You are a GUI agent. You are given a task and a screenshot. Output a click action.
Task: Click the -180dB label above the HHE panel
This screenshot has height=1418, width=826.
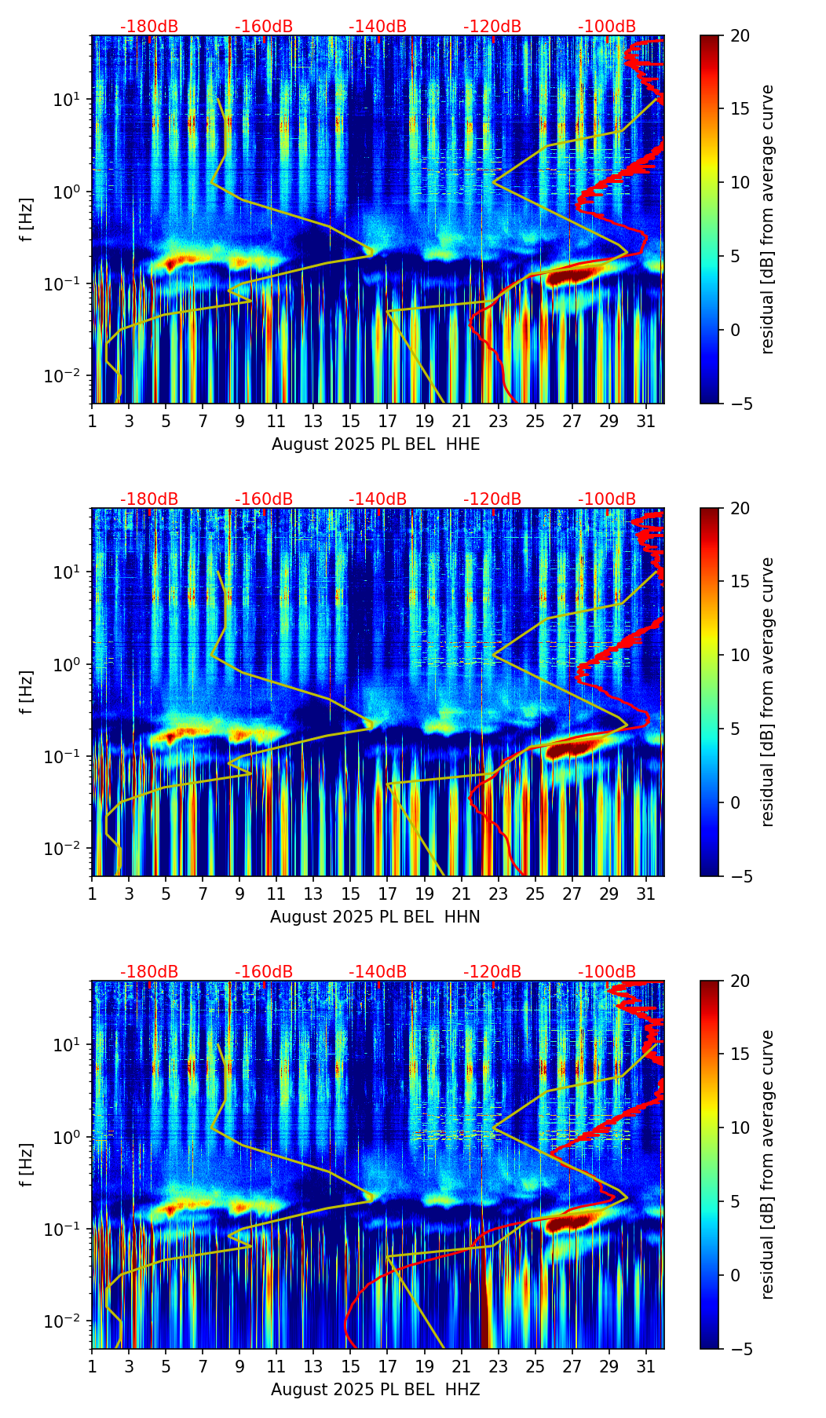(149, 27)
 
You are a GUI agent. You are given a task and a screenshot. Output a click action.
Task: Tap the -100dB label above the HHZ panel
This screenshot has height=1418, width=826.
(607, 972)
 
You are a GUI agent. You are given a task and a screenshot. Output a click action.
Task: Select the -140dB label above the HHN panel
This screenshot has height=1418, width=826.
(378, 499)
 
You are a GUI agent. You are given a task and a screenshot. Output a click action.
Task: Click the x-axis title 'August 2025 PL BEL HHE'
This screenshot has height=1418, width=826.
(375, 444)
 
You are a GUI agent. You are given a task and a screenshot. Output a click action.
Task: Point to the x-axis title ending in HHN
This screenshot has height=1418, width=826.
(375, 917)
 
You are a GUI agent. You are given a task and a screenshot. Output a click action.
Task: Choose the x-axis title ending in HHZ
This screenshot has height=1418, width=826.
(375, 1390)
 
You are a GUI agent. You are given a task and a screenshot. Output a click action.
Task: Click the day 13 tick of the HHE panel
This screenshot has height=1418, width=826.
(313, 421)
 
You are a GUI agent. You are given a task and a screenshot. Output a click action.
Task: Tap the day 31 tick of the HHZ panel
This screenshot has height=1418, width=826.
(646, 1366)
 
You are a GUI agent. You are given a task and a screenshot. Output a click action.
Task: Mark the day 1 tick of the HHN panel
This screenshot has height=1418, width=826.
(92, 894)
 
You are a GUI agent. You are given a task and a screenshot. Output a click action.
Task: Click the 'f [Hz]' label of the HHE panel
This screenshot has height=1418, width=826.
(27, 220)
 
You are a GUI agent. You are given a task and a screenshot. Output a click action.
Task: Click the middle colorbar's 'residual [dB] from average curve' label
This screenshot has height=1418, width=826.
(768, 692)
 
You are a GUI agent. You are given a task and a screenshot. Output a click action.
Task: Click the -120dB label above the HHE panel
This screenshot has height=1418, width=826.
(492, 27)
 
